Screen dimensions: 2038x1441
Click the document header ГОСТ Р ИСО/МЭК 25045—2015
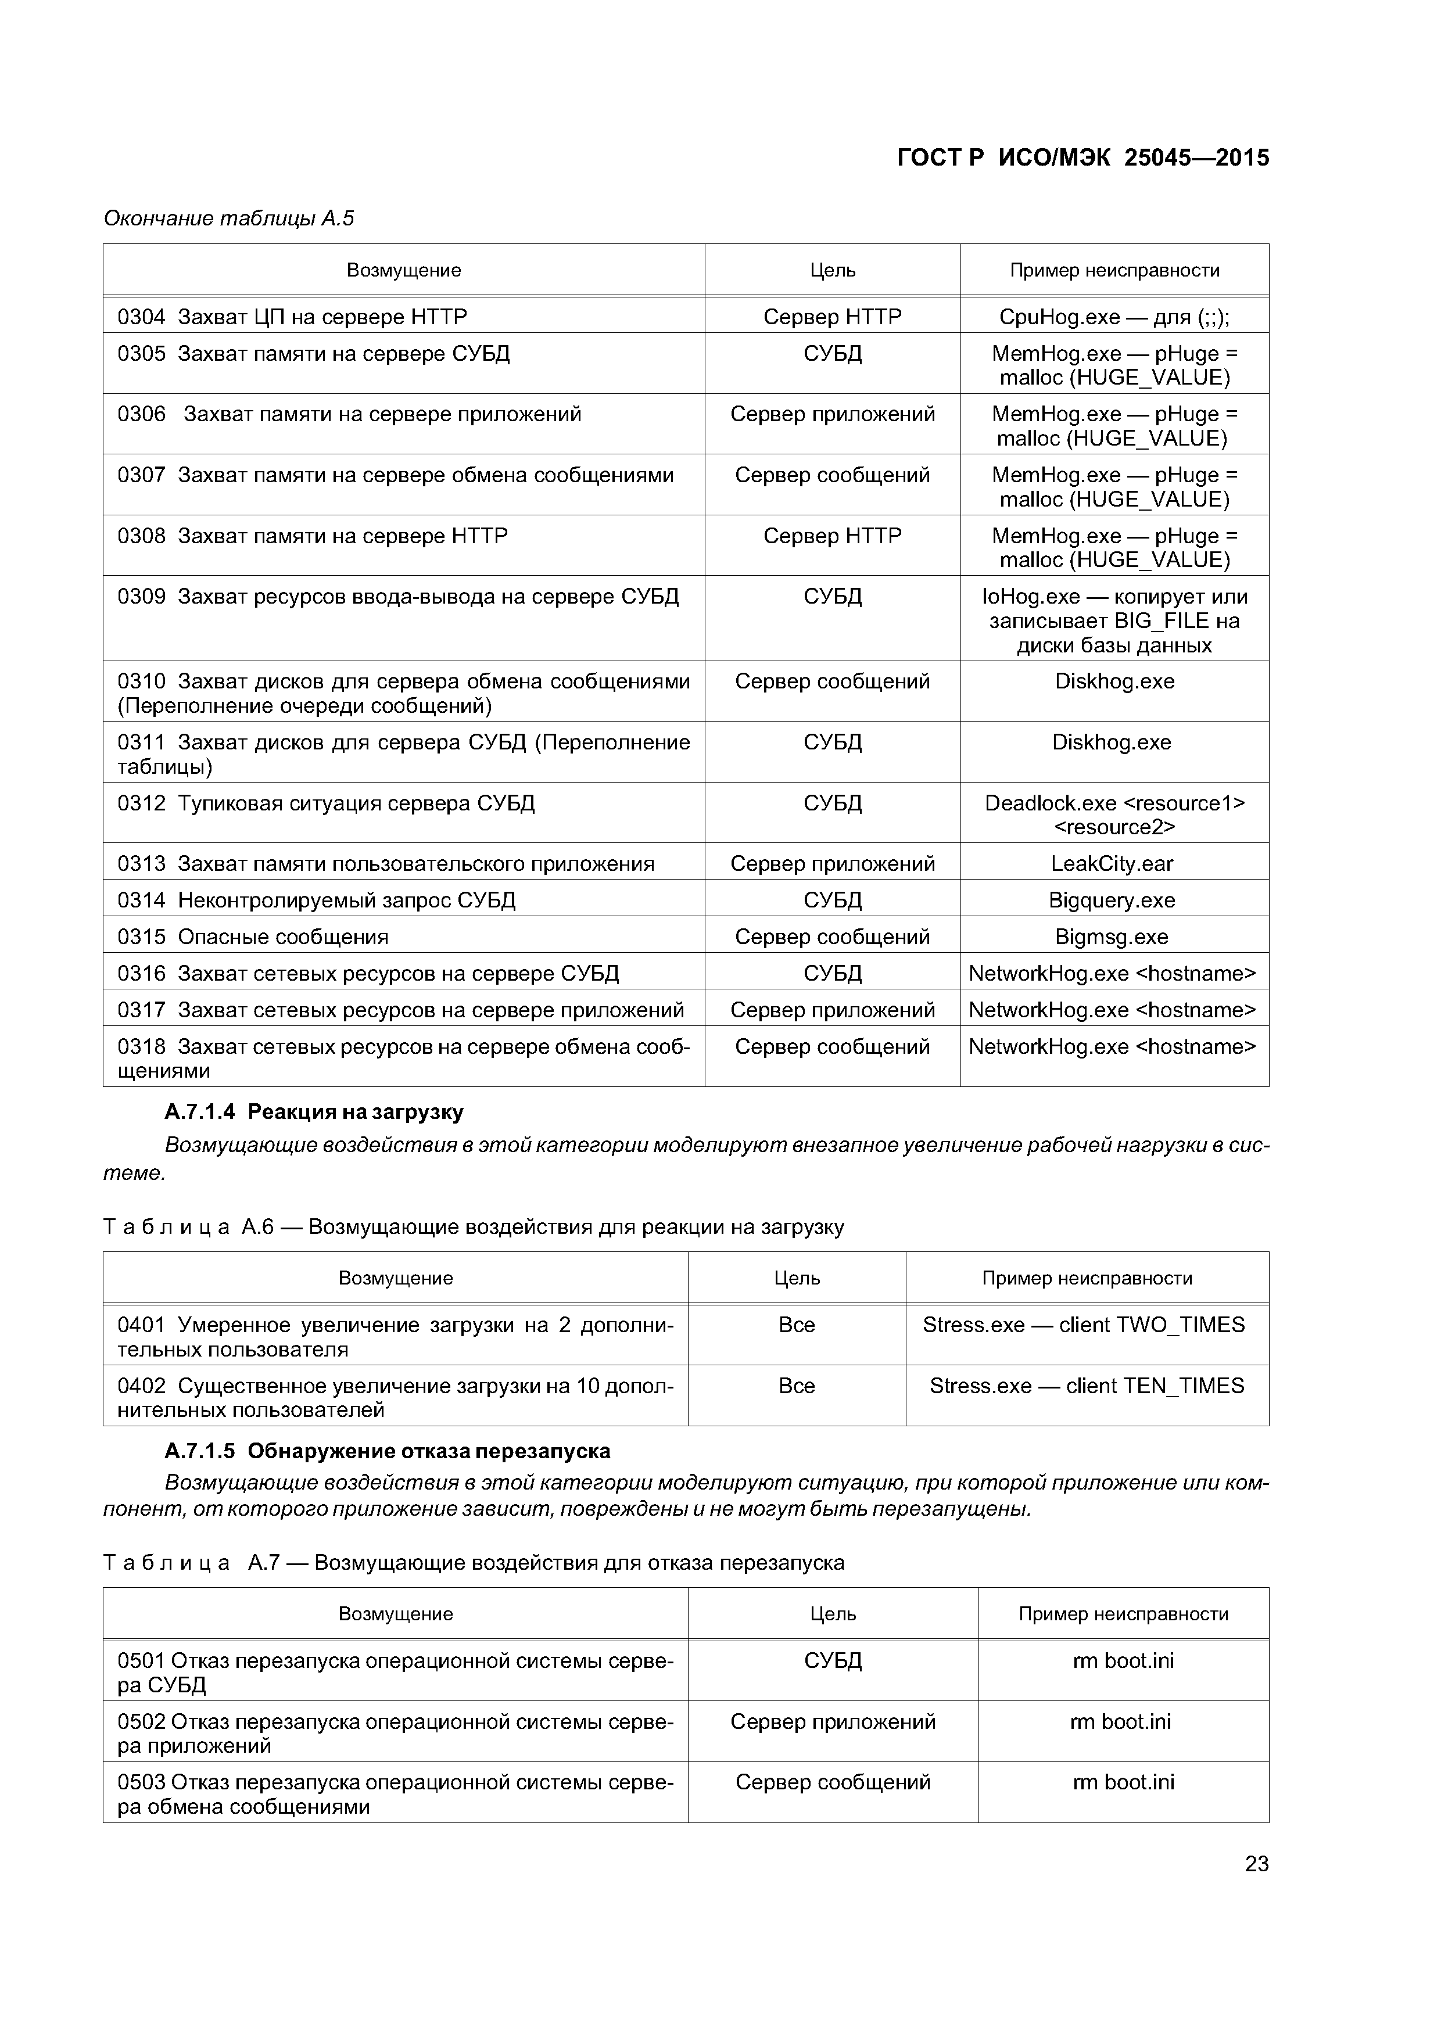pyautogui.click(x=1083, y=158)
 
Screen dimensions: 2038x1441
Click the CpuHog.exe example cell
pyautogui.click(x=1114, y=317)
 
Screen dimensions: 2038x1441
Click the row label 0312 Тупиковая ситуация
pyautogui.click(x=326, y=803)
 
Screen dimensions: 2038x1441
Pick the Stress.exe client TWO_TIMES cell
pyautogui.click(x=1083, y=1325)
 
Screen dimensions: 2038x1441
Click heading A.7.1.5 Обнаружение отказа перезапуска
pyautogui.click(x=387, y=1451)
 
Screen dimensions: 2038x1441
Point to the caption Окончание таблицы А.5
pyautogui.click(x=229, y=218)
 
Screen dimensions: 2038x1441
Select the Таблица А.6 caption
pyautogui.click(x=473, y=1227)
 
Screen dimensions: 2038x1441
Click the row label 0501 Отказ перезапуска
pyautogui.click(x=395, y=1673)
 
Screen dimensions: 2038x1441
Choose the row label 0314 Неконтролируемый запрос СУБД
pyautogui.click(x=316, y=900)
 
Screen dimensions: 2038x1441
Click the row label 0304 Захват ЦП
pyautogui.click(x=292, y=317)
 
